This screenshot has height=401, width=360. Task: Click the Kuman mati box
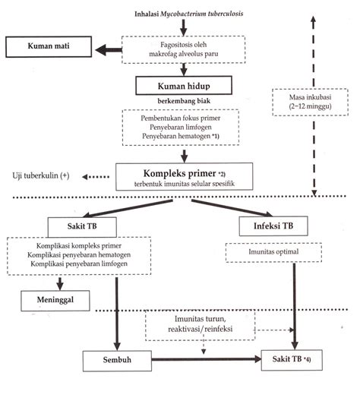[49, 46]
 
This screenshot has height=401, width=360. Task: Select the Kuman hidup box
[184, 85]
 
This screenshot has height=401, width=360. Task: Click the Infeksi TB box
[273, 226]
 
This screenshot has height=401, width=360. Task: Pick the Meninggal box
[55, 301]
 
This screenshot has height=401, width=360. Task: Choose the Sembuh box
[117, 360]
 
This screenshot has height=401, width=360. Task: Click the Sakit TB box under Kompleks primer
[82, 227]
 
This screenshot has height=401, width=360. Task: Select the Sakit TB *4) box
[292, 360]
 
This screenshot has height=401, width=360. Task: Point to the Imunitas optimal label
[273, 252]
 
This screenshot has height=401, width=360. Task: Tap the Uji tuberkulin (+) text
[41, 175]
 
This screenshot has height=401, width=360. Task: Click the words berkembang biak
[184, 101]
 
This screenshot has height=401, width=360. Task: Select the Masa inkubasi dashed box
[310, 102]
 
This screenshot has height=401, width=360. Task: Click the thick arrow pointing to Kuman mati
[109, 50]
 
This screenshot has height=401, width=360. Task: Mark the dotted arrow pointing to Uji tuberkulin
[96, 177]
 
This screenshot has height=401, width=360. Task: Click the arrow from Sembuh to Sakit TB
[207, 359]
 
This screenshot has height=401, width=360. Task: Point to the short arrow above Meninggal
[60, 283]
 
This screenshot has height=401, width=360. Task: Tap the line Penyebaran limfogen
[181, 127]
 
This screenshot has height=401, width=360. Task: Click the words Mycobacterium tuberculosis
[202, 14]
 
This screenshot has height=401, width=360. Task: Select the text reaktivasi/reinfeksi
[201, 329]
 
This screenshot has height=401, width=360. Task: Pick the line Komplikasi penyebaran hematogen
[79, 254]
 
